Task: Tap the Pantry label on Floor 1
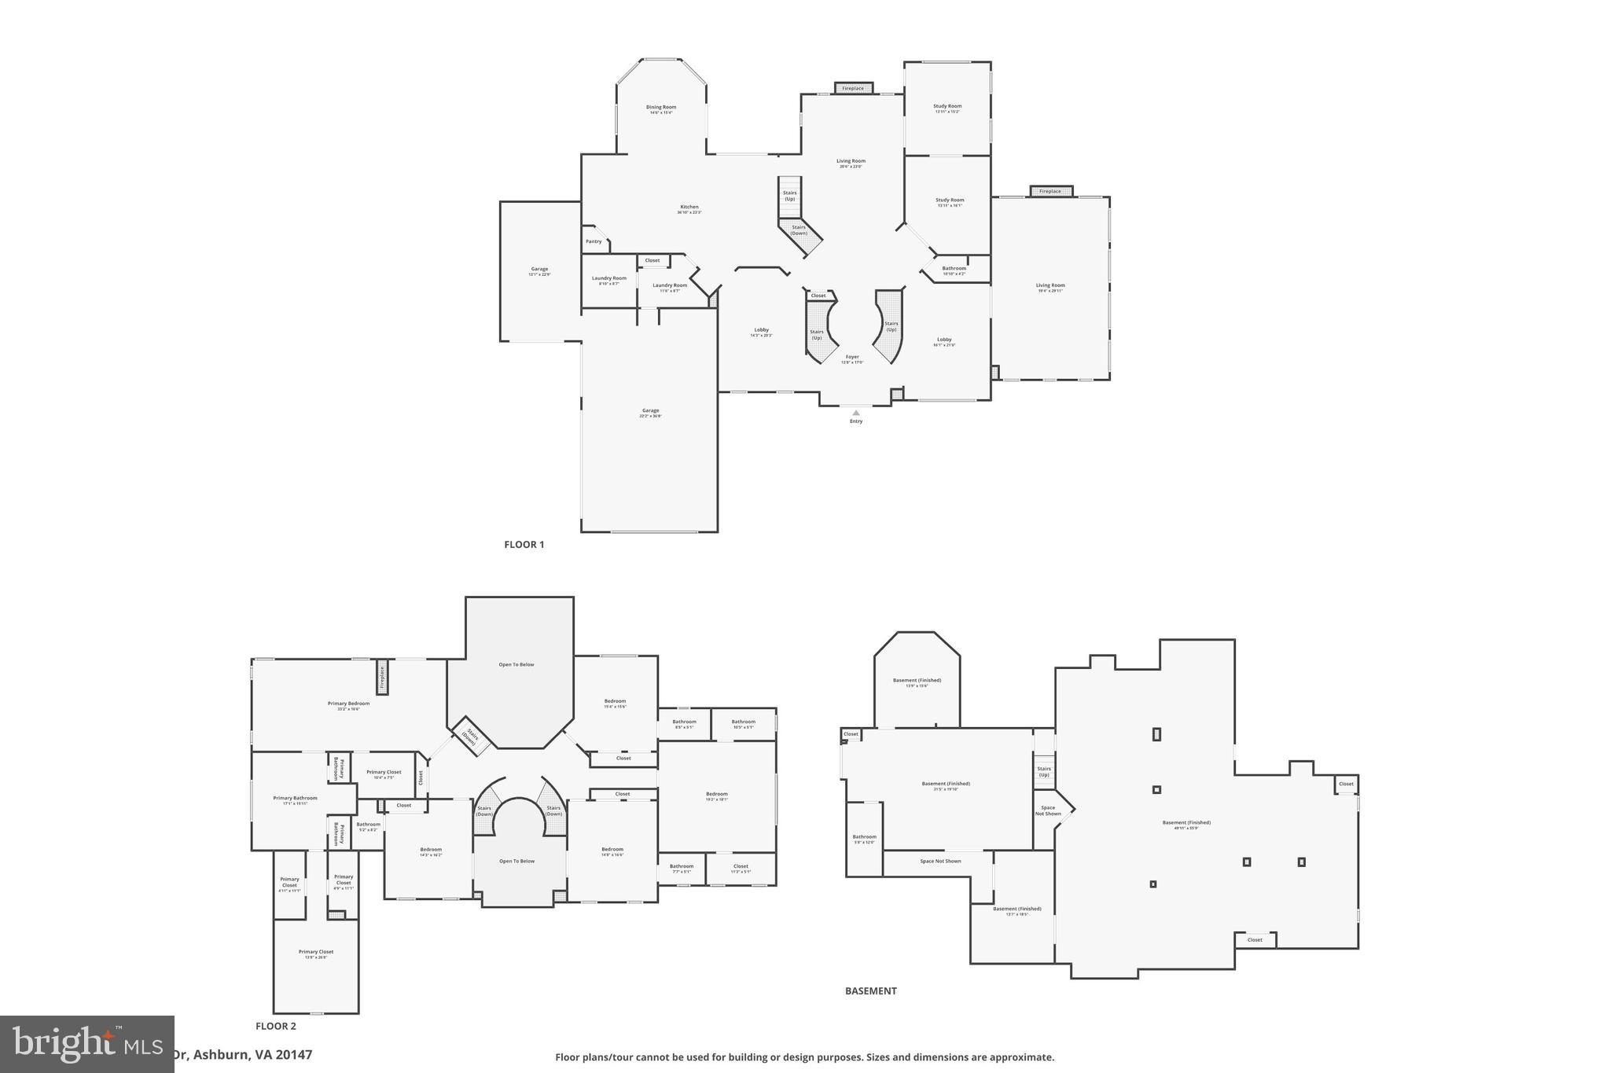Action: pyautogui.click(x=594, y=241)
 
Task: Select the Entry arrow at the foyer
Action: pyautogui.click(x=856, y=413)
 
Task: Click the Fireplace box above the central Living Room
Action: pyautogui.click(x=853, y=88)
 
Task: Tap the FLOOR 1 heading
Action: pyautogui.click(x=524, y=544)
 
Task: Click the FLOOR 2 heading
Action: pyautogui.click(x=275, y=1026)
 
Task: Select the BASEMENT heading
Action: pyautogui.click(x=870, y=990)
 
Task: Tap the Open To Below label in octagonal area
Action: pyautogui.click(x=516, y=664)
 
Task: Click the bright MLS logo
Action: pyautogui.click(x=86, y=1044)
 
